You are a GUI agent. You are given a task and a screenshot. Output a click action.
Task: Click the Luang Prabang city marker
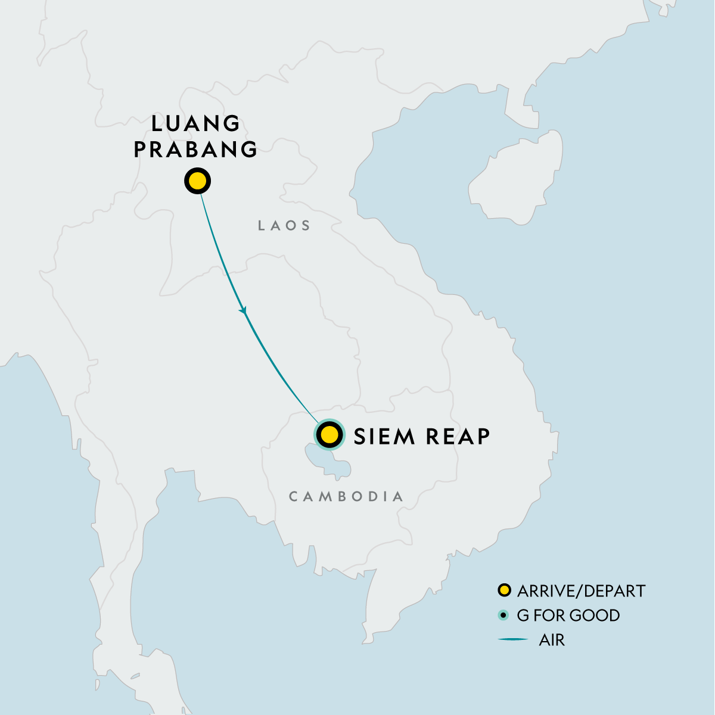tap(197, 181)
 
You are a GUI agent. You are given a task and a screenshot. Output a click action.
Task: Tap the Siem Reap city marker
tap(329, 434)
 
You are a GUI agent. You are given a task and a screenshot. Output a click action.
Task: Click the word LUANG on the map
tap(196, 124)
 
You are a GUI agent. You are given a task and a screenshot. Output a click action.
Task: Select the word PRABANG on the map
tap(196, 149)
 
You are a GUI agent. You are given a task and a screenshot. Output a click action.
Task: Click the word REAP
tap(456, 436)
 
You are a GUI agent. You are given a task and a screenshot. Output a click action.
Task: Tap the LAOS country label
tap(284, 225)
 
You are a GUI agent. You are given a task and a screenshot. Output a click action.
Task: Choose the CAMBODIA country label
tap(346, 496)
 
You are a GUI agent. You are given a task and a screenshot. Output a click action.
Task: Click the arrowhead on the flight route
tap(243, 310)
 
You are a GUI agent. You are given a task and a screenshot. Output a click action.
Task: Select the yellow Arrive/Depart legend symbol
tap(504, 590)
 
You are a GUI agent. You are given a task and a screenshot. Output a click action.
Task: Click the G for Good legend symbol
tap(504, 615)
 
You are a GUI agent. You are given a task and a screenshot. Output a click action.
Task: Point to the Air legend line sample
tap(512, 640)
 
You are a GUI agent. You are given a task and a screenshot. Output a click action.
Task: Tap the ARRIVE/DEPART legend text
tap(581, 591)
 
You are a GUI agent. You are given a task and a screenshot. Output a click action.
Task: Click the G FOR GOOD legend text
tap(568, 615)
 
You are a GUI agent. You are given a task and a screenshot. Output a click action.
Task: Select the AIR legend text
tap(552, 641)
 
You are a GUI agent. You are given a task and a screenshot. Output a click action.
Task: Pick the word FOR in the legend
tap(548, 615)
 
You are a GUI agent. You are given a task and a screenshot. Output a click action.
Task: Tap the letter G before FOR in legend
tap(523, 615)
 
